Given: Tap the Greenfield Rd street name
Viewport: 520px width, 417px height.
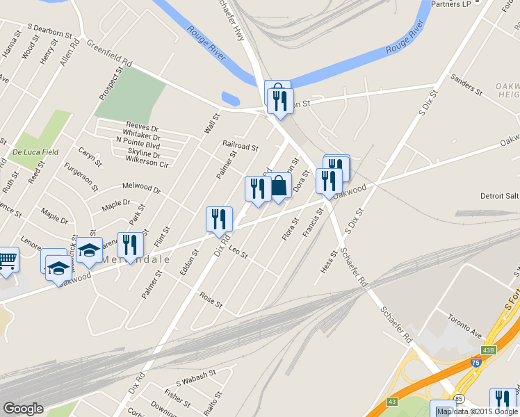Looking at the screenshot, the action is click(x=109, y=54).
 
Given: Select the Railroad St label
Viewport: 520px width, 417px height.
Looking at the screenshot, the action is click(x=240, y=147).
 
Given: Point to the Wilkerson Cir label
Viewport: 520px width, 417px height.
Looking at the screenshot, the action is click(x=147, y=161).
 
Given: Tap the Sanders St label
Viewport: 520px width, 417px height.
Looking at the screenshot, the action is click(x=466, y=84).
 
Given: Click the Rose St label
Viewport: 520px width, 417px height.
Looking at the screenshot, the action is click(x=211, y=301).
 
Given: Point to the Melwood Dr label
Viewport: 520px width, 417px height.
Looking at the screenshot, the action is click(x=141, y=188).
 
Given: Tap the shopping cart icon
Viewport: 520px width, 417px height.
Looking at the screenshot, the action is click(x=7, y=260).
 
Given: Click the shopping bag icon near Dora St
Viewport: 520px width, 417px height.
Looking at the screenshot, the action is click(x=279, y=186).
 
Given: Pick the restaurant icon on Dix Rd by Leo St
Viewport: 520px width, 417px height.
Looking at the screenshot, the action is click(x=219, y=220).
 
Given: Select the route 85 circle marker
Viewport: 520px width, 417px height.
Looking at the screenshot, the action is click(x=459, y=399).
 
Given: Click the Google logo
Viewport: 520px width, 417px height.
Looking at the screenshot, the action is click(x=23, y=409).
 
